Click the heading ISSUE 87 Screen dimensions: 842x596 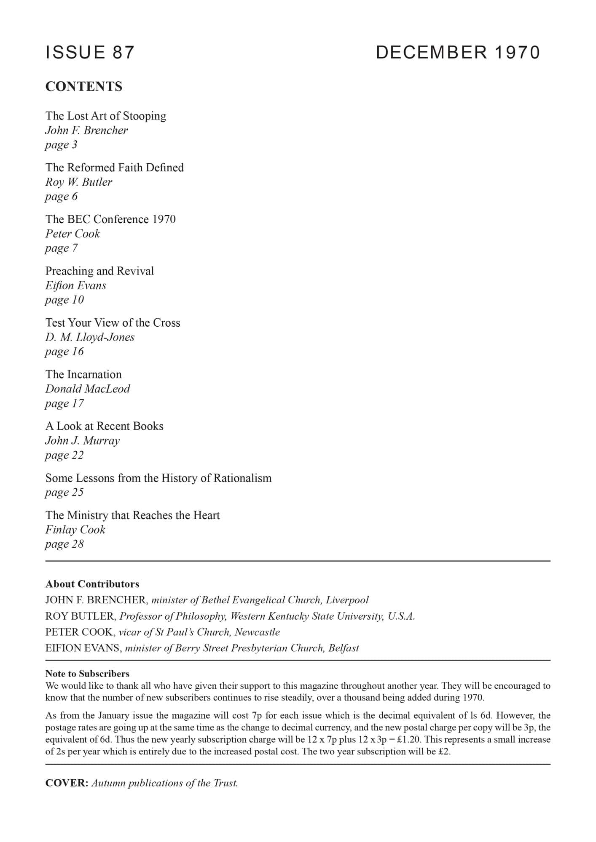pyautogui.click(x=90, y=53)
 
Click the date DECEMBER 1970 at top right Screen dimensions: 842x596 pyautogui.click(x=458, y=53)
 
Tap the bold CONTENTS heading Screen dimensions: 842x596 pyautogui.click(x=84, y=86)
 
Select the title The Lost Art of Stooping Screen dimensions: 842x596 pyautogui.click(x=106, y=116)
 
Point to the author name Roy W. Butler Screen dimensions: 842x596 pyautogui.click(x=79, y=182)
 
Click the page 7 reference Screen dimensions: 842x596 pyautogui.click(x=62, y=248)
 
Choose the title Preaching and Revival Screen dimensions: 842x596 pyautogui.click(x=99, y=271)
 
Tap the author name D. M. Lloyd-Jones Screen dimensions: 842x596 pyautogui.click(x=90, y=337)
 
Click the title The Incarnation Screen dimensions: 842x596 pyautogui.click(x=83, y=374)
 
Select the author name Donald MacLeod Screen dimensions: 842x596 pyautogui.click(x=88, y=389)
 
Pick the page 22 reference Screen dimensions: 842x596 pyautogui.click(x=64, y=455)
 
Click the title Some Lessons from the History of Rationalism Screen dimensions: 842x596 pyautogui.click(x=158, y=478)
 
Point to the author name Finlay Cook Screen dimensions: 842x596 pyautogui.click(x=75, y=530)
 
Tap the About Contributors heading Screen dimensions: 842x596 pyautogui.click(x=92, y=584)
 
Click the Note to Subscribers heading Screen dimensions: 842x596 pyautogui.click(x=87, y=674)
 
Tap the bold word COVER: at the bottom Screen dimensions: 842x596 pyautogui.click(x=67, y=783)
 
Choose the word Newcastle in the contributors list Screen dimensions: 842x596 pyautogui.click(x=257, y=632)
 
